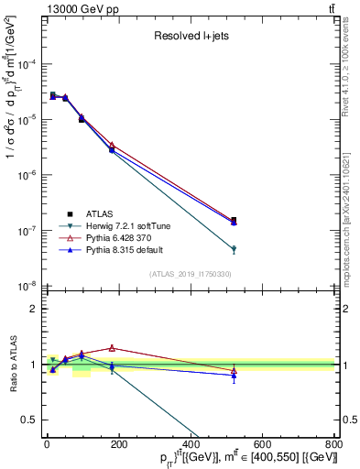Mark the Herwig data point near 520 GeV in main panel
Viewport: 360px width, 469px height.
pos(234,249)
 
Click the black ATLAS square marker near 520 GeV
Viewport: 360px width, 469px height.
pos(234,220)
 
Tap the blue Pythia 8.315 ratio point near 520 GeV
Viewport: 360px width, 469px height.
pos(234,376)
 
